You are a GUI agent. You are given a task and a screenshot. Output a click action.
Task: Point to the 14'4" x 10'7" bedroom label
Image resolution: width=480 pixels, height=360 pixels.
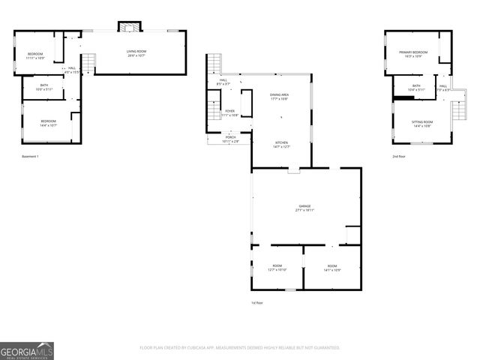tap(48, 122)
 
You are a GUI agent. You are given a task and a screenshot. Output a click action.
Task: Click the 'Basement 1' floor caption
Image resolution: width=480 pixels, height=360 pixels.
tap(30, 156)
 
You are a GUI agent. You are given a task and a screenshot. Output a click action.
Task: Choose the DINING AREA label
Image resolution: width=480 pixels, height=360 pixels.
tap(280, 97)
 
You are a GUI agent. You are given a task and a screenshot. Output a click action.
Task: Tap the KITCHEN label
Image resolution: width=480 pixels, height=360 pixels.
tap(281, 144)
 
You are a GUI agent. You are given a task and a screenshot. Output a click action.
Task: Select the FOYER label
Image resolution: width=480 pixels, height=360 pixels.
tap(229, 113)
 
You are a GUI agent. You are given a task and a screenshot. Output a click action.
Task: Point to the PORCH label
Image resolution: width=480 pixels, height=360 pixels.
tap(230, 139)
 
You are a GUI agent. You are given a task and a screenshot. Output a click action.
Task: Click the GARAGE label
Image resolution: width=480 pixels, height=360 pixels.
tap(304, 208)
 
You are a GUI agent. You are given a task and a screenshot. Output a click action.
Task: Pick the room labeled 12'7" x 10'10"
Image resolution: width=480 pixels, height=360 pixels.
tap(277, 268)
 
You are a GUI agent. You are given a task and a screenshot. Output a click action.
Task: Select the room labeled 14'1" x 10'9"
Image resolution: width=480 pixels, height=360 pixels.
tap(331, 268)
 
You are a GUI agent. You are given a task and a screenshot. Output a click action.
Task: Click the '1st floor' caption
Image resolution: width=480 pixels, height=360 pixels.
tap(257, 302)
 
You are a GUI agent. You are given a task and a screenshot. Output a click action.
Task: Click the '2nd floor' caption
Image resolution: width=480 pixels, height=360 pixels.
tap(399, 156)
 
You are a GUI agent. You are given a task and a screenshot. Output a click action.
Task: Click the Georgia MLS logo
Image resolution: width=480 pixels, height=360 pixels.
tap(27, 350)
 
